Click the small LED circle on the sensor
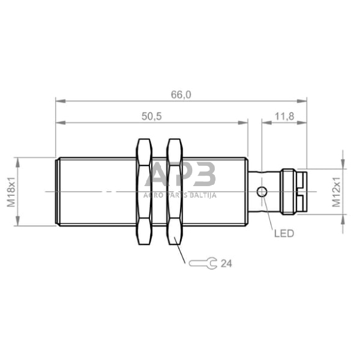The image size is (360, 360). coord(262,192)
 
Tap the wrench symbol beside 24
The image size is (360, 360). coord(202,264)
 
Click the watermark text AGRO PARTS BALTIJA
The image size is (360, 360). coord(180,195)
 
